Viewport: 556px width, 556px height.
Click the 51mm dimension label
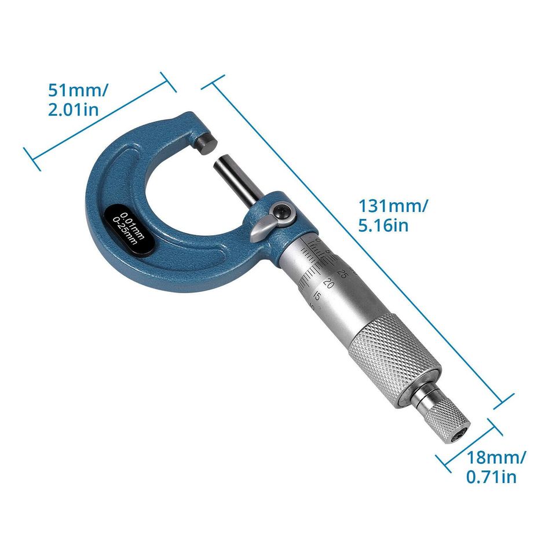(78, 92)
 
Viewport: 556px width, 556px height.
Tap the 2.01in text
(73, 110)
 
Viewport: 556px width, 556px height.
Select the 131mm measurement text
(393, 206)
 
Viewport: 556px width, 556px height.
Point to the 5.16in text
(383, 225)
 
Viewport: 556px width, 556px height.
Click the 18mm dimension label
(496, 458)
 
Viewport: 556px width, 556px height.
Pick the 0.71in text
(491, 477)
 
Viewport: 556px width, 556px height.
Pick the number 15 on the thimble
(317, 296)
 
